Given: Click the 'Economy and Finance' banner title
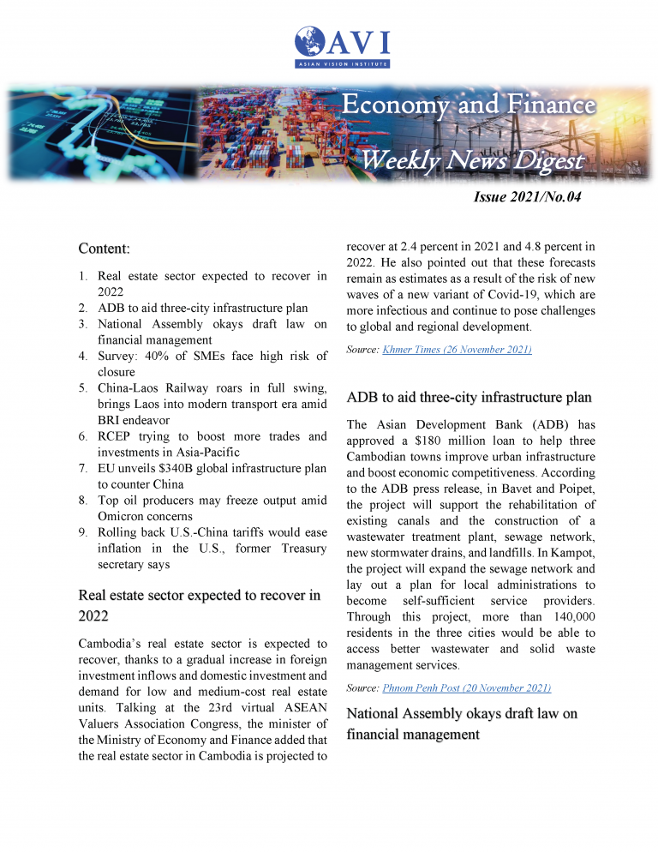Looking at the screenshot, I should pyautogui.click(x=468, y=105).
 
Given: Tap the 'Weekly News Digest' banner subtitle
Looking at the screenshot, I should pyautogui.click(x=471, y=160).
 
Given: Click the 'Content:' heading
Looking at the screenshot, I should pyautogui.click(x=104, y=249).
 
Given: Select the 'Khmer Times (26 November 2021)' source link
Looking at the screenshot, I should pyautogui.click(x=457, y=350).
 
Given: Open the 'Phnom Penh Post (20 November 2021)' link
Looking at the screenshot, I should pyautogui.click(x=466, y=687).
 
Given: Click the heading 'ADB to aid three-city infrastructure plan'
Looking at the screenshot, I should pyautogui.click(x=469, y=398).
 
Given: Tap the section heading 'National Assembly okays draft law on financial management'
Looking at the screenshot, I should pyautogui.click(x=462, y=723).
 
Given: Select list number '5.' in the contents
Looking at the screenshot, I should pyautogui.click(x=84, y=388).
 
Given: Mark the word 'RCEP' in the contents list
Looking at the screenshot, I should pyautogui.click(x=118, y=436).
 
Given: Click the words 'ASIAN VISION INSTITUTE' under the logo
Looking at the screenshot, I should pyautogui.click(x=341, y=63).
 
